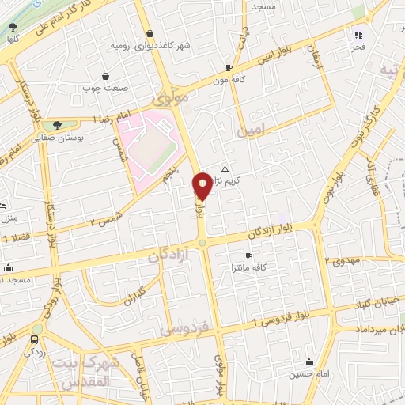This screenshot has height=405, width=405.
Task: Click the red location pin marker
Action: coord(202,185)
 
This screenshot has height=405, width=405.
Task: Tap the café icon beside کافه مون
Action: coord(229,68)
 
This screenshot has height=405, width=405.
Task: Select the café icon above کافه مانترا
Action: coord(248,255)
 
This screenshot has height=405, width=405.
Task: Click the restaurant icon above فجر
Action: coord(358,35)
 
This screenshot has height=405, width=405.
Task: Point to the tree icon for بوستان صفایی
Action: coord(56,124)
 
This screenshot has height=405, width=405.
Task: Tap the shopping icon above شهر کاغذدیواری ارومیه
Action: coord(150,33)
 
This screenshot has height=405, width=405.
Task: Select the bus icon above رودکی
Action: coord(33,339)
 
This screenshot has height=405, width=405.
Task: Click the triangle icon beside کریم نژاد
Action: coord(225,169)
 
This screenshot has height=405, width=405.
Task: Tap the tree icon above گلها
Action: coord(12,27)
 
